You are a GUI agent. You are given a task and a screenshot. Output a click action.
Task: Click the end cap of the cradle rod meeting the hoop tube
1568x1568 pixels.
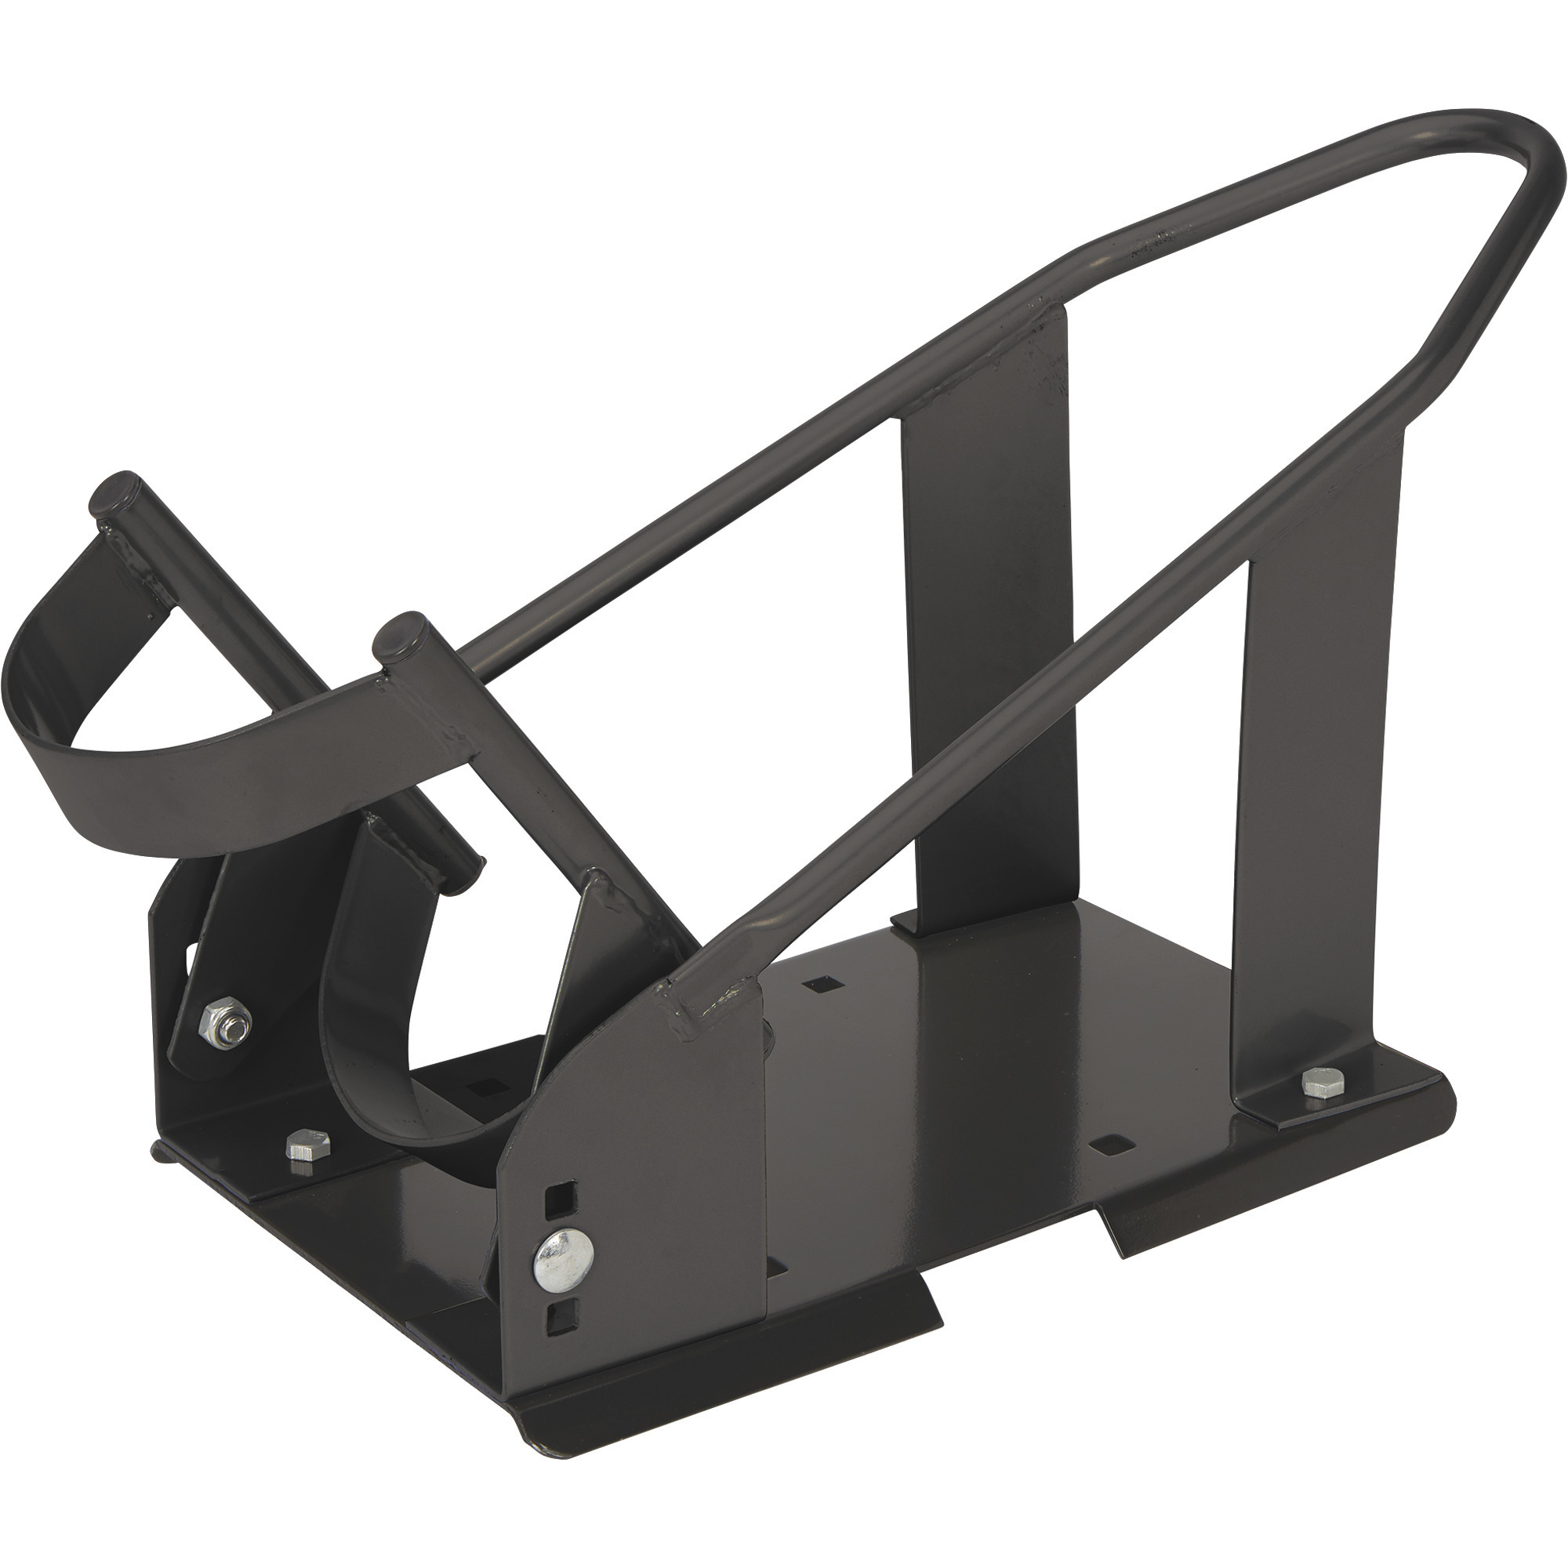coord(395,632)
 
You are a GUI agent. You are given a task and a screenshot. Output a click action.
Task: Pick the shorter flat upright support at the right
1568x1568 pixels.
coord(1315,811)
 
